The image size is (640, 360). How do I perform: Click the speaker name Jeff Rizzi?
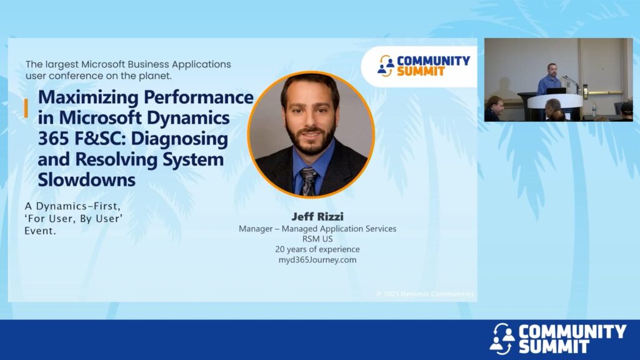point(317,216)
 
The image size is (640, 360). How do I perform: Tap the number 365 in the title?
point(53,139)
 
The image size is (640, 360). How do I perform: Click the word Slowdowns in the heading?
point(86,180)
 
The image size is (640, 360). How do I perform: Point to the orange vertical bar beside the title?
point(26,108)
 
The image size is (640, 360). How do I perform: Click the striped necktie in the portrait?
point(309,181)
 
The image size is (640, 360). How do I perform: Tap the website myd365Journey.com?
point(317,260)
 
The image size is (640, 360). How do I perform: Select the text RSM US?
point(317,239)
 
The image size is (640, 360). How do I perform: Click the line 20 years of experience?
point(317,249)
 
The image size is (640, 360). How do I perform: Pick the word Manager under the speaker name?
point(256,229)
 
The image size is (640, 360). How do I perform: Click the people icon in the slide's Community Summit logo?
point(386,66)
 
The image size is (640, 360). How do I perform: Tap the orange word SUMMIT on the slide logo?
point(421,71)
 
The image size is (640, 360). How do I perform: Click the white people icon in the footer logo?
point(502,338)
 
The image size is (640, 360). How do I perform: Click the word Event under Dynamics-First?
point(40,231)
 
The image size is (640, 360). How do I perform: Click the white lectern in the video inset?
point(555,102)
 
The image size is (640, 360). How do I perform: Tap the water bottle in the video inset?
point(594,110)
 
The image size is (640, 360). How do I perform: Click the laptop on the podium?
point(556,91)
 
